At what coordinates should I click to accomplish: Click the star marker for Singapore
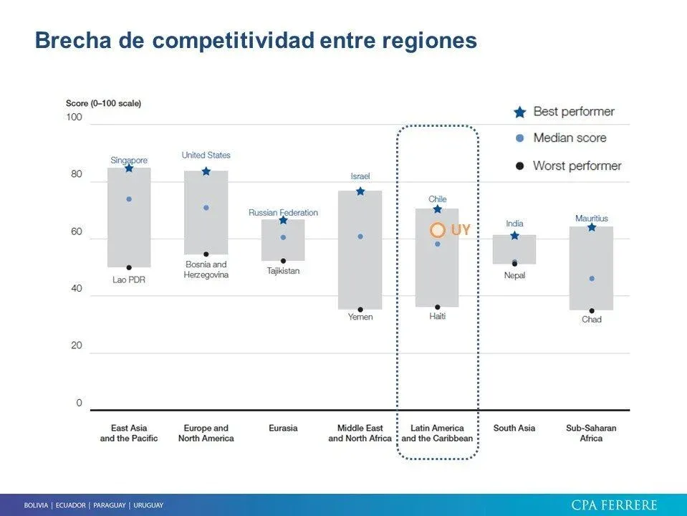[129, 168]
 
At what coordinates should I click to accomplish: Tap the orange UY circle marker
[438, 230]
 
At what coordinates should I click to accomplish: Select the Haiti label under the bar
[437, 316]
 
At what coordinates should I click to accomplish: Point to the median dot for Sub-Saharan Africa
[592, 278]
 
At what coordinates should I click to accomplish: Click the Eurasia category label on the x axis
[283, 428]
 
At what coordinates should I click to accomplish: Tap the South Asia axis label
[514, 428]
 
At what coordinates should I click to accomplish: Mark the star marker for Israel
[360, 191]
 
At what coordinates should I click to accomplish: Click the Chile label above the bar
[437, 199]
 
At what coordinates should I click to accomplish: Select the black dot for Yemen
[360, 310]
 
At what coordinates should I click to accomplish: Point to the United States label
[206, 155]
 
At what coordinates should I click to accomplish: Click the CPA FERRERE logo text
[614, 505]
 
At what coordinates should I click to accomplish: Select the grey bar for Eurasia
[283, 240]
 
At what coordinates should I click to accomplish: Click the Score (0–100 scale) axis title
[103, 103]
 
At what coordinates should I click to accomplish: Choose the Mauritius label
[591, 219]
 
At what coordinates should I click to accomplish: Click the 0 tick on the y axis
[79, 403]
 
